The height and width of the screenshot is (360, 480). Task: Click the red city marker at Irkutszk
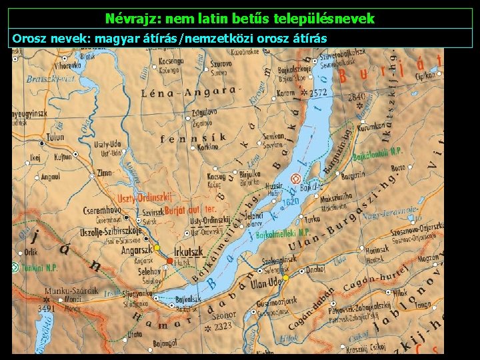click(170, 260)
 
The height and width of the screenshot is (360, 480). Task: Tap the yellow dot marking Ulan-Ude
click(285, 277)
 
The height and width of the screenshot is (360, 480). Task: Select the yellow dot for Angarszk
click(157, 248)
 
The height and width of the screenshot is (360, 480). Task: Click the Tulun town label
click(55, 137)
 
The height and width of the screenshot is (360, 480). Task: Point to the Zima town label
click(105, 173)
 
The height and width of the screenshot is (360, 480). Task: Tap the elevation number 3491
click(46, 309)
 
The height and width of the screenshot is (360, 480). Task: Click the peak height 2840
click(357, 97)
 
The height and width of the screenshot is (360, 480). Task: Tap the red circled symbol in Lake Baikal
click(295, 178)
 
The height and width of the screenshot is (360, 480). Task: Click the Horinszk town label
click(377, 248)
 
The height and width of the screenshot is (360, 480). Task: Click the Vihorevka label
click(68, 66)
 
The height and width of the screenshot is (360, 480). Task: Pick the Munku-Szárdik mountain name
click(71, 291)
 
